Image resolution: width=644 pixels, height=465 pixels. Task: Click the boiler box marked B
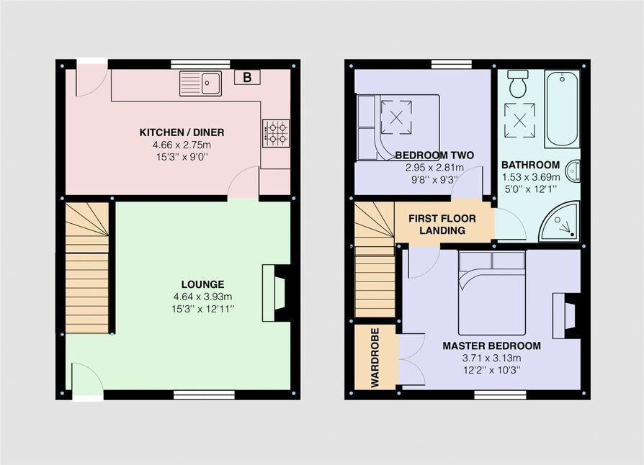point(247,77)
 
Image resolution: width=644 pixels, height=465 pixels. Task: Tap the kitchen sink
point(200,83)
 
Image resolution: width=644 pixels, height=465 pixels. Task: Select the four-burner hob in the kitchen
point(276,133)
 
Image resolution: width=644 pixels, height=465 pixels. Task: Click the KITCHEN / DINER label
point(182,132)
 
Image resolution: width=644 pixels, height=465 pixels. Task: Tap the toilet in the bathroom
point(517,83)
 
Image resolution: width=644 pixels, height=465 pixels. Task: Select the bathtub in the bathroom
point(562,109)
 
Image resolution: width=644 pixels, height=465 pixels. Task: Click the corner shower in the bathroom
point(560,221)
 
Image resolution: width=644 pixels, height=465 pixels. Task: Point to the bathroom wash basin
point(573,171)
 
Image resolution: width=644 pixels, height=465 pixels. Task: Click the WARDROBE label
point(375,358)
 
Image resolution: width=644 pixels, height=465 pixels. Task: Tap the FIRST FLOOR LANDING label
point(442,225)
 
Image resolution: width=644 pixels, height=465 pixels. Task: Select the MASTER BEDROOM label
point(491,346)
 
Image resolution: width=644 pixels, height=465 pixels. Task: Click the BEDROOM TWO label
point(434,155)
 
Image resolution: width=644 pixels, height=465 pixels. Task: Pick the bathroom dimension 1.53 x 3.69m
point(531,177)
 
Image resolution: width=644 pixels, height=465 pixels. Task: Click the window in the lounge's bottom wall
point(204,395)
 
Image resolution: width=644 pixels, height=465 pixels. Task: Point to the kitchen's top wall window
point(200,64)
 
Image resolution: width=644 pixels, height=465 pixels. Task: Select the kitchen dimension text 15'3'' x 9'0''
point(182,157)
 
